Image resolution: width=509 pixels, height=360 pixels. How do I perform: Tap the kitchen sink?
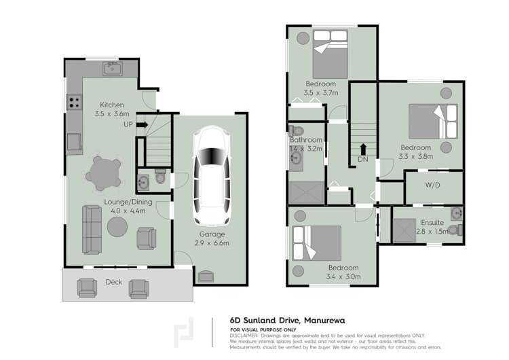click(111, 68)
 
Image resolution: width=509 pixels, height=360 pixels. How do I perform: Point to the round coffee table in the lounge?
click(116, 228)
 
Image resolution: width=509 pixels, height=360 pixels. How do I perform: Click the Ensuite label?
click(432, 222)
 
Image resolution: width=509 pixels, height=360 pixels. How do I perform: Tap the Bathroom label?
click(306, 141)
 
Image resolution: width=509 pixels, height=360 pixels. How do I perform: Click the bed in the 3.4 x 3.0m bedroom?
click(316, 242)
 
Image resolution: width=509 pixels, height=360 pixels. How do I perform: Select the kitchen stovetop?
click(73, 103)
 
